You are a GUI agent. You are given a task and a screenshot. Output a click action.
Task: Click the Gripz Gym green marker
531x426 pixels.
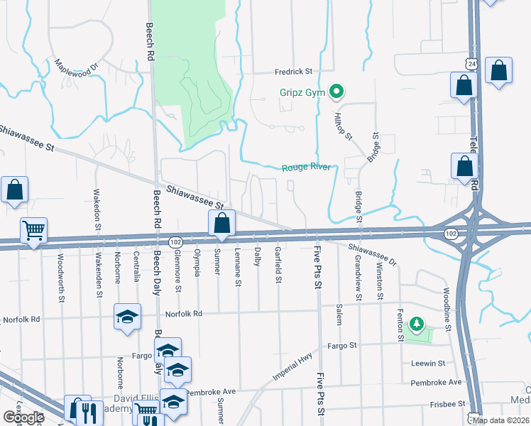point(338,92)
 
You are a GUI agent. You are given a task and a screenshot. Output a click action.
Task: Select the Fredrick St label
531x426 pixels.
point(294,72)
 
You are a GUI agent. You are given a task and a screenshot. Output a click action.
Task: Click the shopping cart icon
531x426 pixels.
point(33,229)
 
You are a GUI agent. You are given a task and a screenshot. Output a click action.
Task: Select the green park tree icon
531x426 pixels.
point(417,326)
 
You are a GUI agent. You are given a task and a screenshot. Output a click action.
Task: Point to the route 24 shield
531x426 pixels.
point(473,65)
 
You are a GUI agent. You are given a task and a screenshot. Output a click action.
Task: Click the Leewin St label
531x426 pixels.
point(427,363)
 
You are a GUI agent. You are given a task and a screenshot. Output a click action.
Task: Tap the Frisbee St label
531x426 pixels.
point(447,404)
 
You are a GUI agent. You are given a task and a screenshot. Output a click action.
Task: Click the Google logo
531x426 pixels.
point(23,417)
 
